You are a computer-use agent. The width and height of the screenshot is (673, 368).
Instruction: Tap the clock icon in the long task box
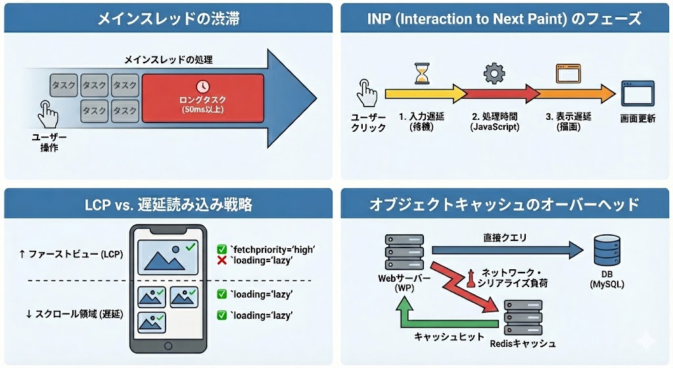point(202,86)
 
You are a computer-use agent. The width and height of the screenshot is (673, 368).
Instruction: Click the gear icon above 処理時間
point(492,72)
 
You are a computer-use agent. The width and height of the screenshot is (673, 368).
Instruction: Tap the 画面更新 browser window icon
point(638,95)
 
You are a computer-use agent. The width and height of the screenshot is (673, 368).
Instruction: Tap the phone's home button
point(167,346)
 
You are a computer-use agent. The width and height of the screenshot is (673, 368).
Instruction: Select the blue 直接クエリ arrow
point(506,250)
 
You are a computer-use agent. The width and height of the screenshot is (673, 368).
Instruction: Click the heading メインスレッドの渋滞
point(168,18)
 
